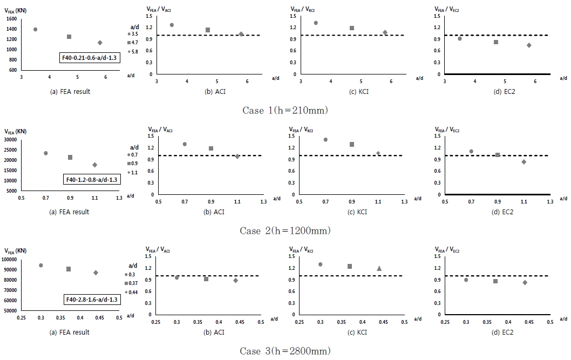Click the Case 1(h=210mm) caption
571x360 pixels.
point(285,110)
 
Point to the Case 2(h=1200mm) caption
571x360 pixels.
point(285,230)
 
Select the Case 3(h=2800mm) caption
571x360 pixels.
point(285,351)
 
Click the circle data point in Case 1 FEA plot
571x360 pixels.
point(36,29)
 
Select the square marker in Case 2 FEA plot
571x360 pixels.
point(70,157)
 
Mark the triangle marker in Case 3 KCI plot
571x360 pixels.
point(379,268)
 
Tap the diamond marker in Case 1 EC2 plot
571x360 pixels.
point(529,45)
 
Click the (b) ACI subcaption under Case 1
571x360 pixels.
point(214,92)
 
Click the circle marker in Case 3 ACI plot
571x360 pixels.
point(176,277)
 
